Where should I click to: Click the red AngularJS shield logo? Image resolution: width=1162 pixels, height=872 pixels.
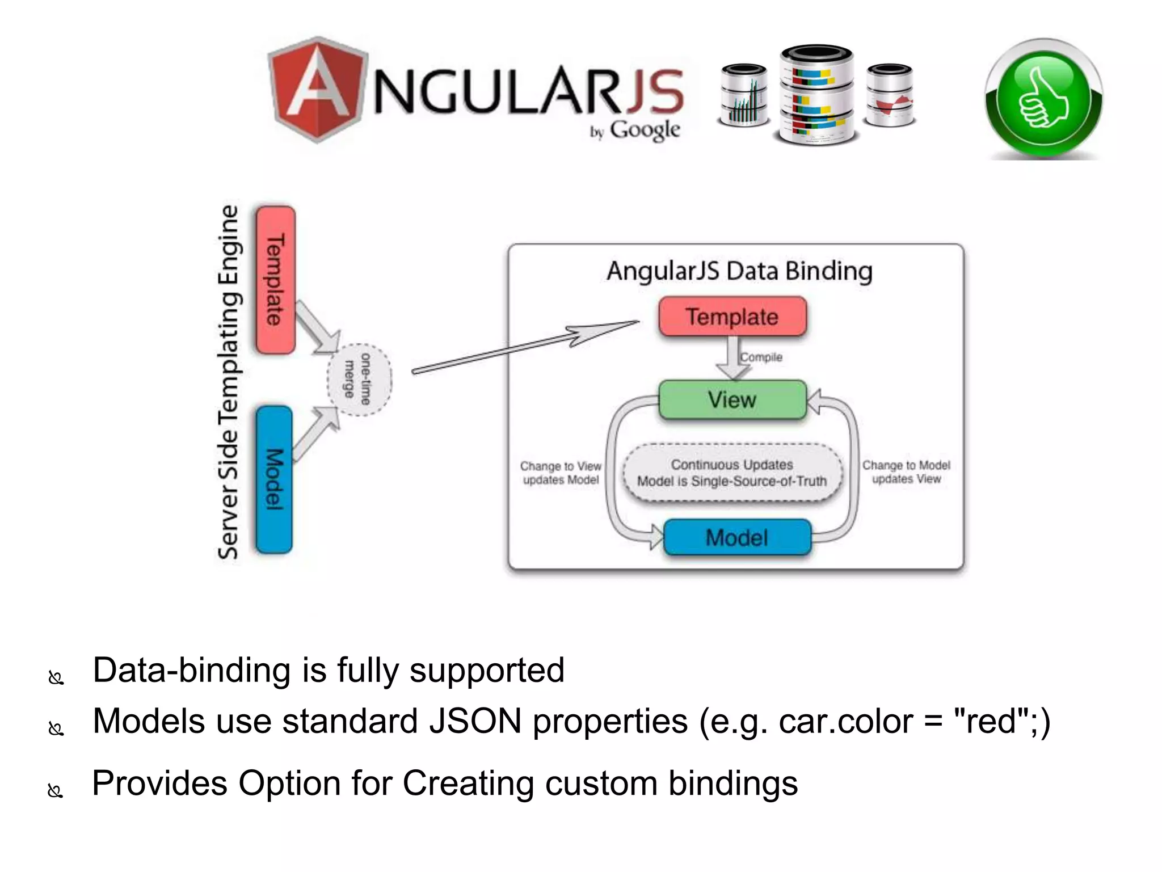pos(318,89)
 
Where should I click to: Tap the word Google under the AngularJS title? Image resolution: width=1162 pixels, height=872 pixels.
pos(645,130)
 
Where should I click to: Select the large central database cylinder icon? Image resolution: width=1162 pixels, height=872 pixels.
pos(816,94)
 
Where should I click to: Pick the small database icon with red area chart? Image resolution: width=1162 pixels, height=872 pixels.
pos(890,95)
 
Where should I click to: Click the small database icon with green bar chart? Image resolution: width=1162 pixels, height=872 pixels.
pos(744,95)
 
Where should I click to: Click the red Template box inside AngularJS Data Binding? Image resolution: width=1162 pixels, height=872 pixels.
pos(732,317)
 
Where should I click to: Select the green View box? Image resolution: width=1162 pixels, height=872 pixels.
pos(732,400)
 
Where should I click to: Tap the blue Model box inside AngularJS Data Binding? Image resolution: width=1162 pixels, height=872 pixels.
pos(736,537)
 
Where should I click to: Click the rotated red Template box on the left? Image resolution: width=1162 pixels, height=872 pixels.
pos(275,280)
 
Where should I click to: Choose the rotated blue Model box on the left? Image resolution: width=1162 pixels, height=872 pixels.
pos(274,479)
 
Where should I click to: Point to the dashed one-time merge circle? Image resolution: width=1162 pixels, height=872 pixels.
pos(359,380)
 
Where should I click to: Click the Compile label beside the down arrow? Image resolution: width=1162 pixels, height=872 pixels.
pos(761,357)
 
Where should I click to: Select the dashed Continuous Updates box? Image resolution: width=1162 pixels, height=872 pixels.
pos(732,473)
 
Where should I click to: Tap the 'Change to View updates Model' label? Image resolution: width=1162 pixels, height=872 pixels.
pos(561,473)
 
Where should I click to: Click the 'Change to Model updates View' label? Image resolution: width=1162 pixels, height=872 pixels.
pos(906,472)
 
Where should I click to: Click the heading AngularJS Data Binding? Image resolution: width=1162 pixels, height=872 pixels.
pos(739,271)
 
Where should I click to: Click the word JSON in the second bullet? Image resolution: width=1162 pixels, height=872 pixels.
pos(475,721)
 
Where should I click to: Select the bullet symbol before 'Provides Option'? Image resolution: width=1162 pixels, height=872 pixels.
pos(56,790)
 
